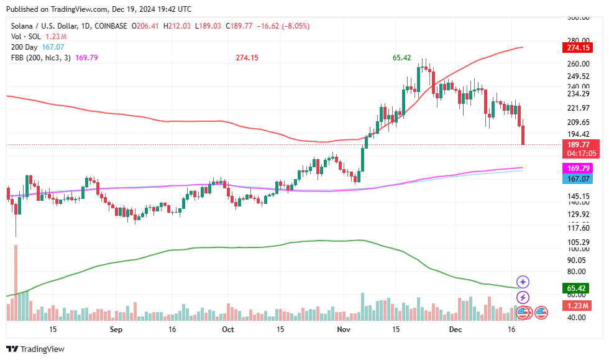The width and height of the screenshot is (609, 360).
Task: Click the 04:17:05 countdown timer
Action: click(x=578, y=153)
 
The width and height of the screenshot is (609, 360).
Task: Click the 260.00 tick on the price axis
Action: click(x=578, y=63)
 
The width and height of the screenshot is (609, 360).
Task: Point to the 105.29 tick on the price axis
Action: click(x=578, y=242)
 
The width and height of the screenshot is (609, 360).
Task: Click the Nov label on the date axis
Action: click(x=342, y=329)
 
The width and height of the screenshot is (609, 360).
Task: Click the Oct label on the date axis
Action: click(x=228, y=329)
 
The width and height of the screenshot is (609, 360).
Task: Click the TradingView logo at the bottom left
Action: click(x=35, y=349)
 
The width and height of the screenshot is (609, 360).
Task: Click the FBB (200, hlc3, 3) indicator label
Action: click(x=41, y=57)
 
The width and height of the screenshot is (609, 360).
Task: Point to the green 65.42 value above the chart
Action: click(x=401, y=57)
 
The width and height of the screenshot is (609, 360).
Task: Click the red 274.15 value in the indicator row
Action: click(x=247, y=57)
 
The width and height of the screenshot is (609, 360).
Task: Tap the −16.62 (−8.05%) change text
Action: click(x=283, y=26)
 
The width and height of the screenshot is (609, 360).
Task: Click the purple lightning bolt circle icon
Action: click(x=523, y=298)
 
